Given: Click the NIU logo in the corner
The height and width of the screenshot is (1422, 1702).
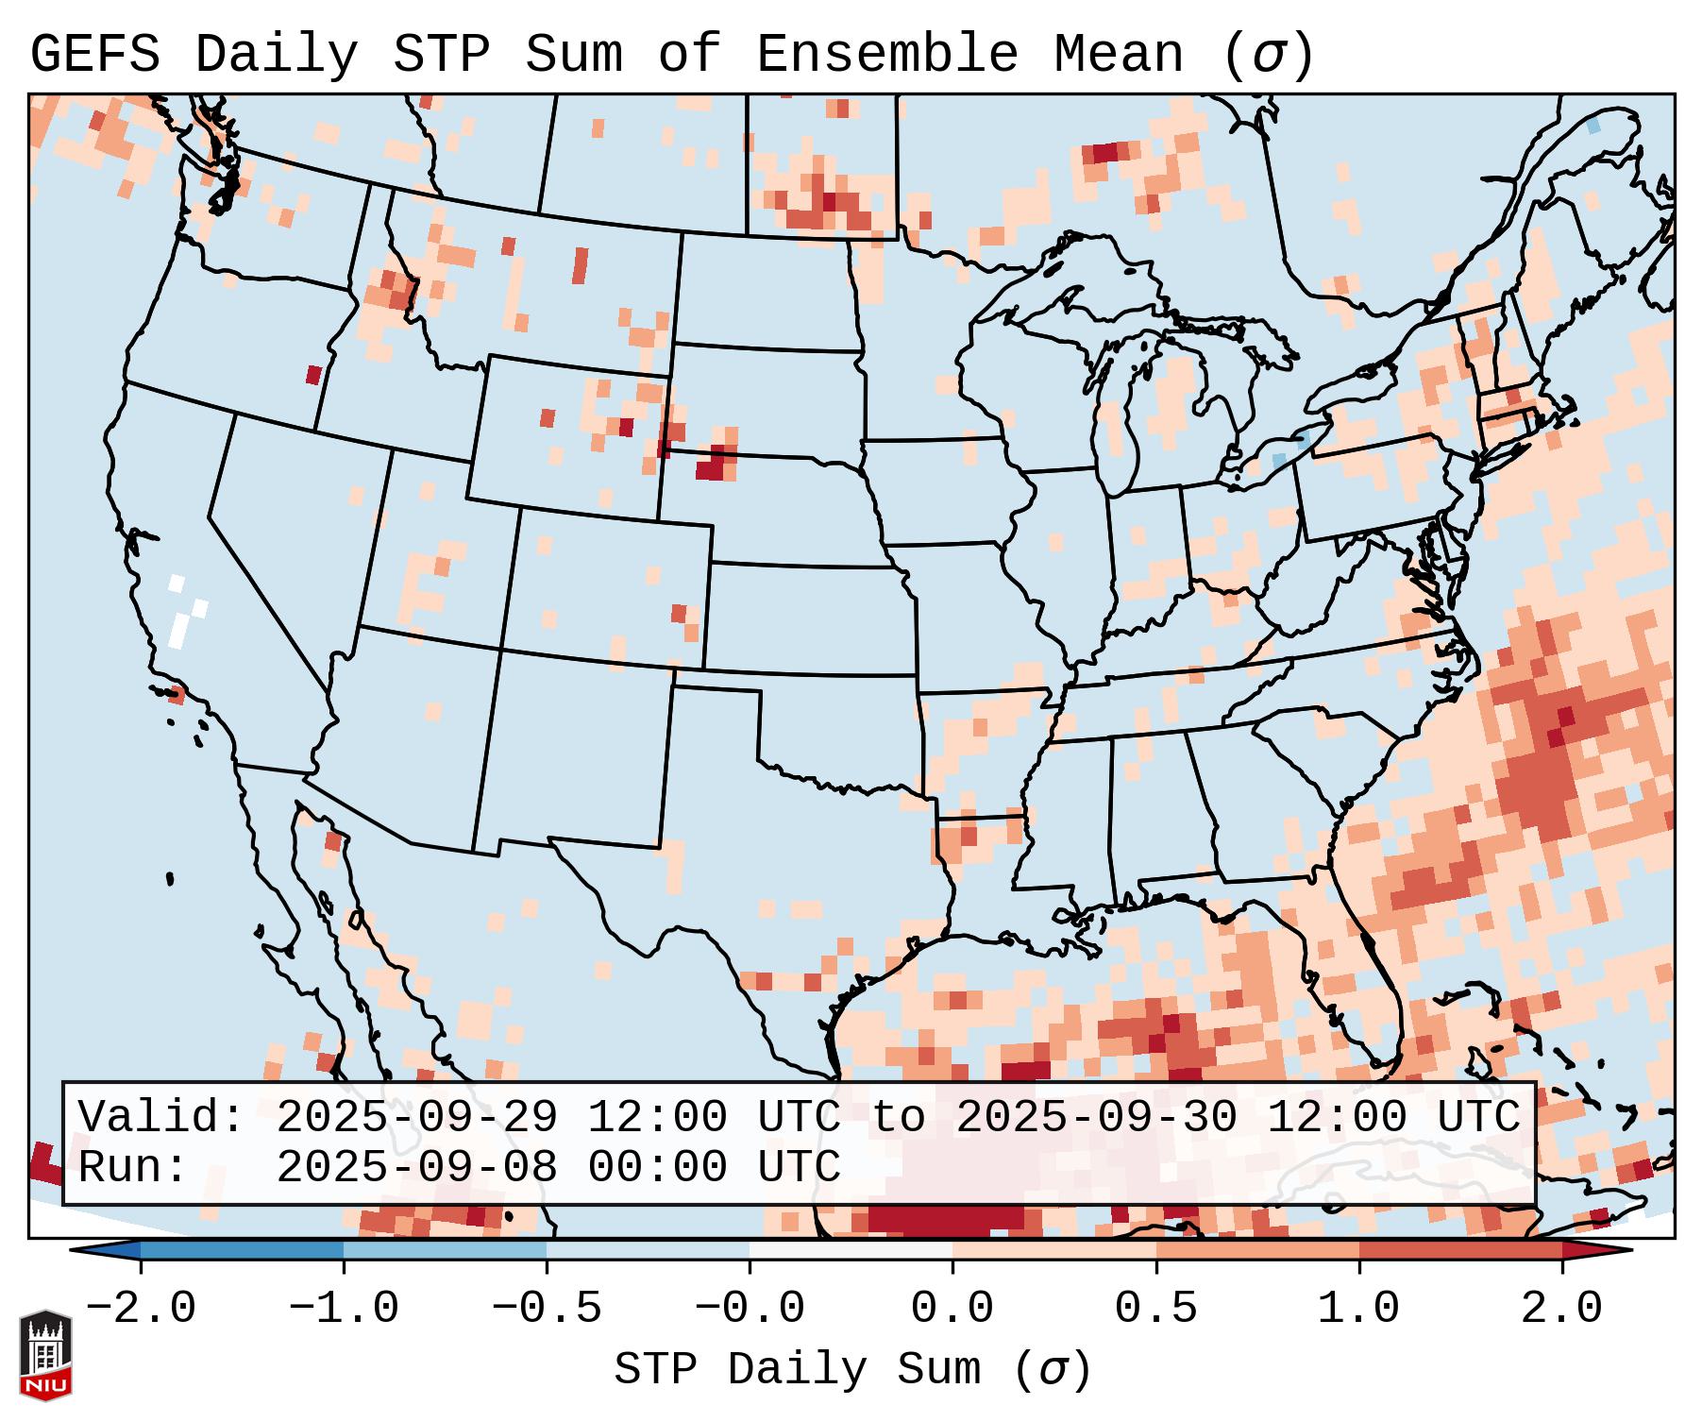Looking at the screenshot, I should click(x=45, y=1354).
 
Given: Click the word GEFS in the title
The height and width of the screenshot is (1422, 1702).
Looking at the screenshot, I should click(x=95, y=54).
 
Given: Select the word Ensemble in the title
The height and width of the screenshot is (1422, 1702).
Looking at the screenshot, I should click(x=886, y=54).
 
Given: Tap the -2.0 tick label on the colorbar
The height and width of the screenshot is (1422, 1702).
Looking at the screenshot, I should click(x=141, y=1308).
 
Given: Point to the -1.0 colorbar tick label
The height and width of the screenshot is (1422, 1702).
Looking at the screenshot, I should click(x=344, y=1308).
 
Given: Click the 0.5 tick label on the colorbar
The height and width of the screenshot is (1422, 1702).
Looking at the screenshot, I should click(x=1155, y=1308).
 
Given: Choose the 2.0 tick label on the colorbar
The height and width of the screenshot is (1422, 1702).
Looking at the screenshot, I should click(x=1561, y=1308).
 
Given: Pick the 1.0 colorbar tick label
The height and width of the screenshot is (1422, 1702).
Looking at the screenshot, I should click(x=1358, y=1308).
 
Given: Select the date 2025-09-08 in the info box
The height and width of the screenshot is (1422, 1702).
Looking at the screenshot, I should click(x=416, y=1168).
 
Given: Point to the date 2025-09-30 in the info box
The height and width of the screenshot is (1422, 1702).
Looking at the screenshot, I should click(x=1096, y=1117).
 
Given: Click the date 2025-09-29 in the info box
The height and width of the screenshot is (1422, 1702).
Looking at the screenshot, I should click(x=416, y=1117).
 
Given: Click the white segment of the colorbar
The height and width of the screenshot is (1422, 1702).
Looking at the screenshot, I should click(x=851, y=1250).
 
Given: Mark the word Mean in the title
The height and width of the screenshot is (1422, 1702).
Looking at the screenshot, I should click(x=1118, y=54).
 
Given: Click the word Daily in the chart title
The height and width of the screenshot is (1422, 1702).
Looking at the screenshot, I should click(x=276, y=54).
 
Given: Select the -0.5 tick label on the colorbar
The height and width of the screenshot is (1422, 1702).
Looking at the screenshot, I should click(x=547, y=1308).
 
